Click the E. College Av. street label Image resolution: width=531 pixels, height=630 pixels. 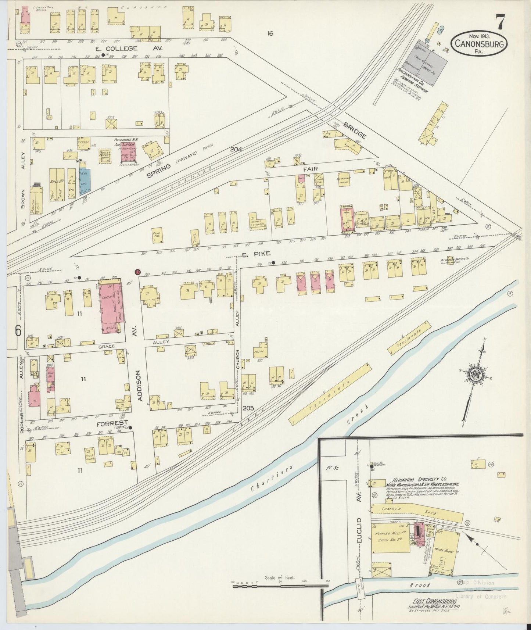(116, 49)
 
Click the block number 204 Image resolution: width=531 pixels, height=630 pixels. (237, 150)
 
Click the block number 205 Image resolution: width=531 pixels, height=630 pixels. (248, 408)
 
